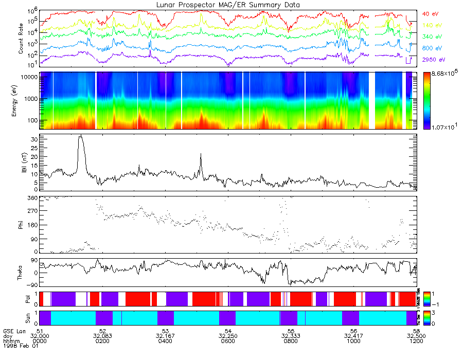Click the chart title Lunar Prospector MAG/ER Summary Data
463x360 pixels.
coord(228,5)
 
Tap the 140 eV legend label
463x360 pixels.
coord(432,25)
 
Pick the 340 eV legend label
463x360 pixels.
coord(432,37)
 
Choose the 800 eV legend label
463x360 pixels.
coord(432,48)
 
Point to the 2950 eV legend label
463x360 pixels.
coord(434,60)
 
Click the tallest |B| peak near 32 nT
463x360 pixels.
coord(80,136)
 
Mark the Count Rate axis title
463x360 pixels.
coord(22,38)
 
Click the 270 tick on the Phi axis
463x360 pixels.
coord(32,211)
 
